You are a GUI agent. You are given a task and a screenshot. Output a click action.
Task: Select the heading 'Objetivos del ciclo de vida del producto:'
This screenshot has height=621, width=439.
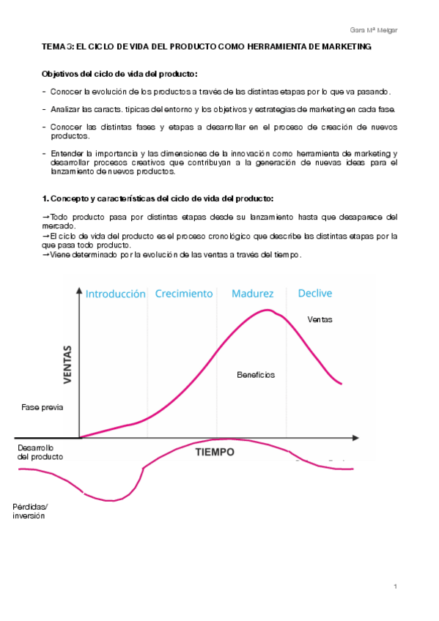click(x=119, y=74)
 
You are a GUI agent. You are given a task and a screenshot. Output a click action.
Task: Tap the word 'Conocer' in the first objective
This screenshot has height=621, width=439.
click(x=66, y=92)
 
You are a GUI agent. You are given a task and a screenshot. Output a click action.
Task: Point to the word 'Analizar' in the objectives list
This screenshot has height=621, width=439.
click(x=66, y=109)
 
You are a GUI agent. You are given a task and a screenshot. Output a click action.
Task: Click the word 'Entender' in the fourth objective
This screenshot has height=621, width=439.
click(x=67, y=152)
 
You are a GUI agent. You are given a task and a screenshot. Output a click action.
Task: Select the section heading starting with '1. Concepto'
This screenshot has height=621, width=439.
click(x=158, y=198)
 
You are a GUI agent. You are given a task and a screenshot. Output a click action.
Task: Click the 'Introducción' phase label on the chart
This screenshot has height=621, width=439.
click(x=115, y=294)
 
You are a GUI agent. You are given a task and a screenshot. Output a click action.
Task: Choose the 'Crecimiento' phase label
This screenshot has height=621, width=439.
click(x=183, y=294)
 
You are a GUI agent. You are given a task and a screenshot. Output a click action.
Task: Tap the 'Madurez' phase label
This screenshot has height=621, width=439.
click(x=252, y=294)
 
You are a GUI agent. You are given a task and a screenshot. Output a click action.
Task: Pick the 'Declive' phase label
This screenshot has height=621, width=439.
click(x=314, y=294)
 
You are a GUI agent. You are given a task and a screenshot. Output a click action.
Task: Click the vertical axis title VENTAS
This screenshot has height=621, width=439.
click(x=68, y=364)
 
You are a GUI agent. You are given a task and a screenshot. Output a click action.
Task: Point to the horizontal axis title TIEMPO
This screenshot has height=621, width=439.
click(x=215, y=452)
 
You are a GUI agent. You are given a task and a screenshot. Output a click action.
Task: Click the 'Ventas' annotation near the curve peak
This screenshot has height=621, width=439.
click(x=320, y=319)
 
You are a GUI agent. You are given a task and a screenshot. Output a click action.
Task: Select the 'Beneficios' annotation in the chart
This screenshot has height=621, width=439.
click(x=255, y=374)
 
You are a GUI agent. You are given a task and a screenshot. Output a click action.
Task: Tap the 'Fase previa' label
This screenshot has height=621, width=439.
click(x=38, y=407)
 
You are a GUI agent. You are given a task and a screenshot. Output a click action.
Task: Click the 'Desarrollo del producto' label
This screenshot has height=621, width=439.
click(x=40, y=451)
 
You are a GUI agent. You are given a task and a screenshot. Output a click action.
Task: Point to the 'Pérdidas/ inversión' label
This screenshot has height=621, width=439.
click(x=29, y=510)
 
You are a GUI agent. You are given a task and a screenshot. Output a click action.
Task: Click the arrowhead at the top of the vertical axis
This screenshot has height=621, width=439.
click(x=79, y=292)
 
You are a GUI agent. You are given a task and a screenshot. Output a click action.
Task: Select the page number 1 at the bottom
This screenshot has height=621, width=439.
click(x=395, y=587)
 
